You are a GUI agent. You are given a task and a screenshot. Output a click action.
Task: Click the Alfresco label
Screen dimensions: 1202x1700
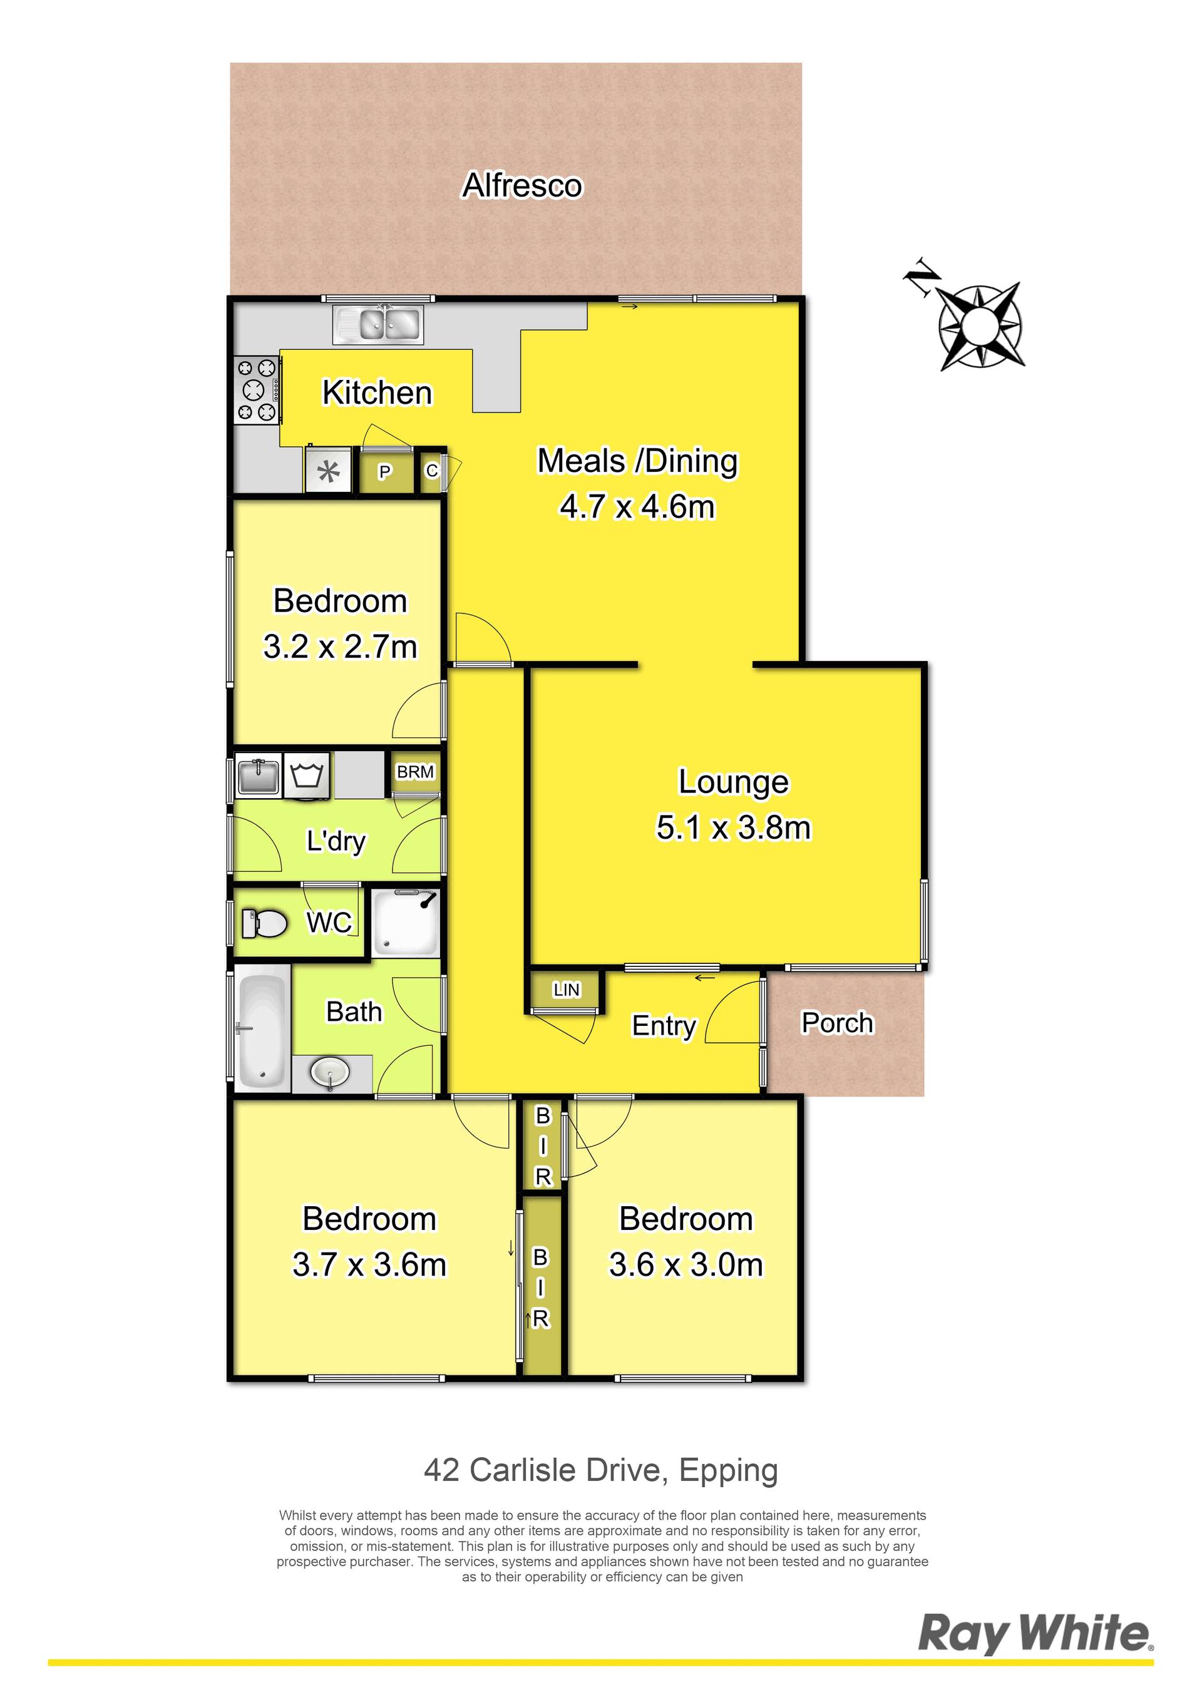[x=522, y=185]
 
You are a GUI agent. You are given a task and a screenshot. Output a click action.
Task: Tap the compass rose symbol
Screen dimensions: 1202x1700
[x=980, y=324]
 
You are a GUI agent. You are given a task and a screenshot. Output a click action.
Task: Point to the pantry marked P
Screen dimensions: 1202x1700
[x=384, y=472]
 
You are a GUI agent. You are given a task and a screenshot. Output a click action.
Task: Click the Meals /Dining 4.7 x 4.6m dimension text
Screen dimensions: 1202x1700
[x=638, y=507]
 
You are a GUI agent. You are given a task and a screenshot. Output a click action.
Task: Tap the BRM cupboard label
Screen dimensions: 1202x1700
[x=416, y=772]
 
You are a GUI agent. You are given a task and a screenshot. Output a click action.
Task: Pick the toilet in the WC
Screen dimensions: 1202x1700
[x=264, y=923]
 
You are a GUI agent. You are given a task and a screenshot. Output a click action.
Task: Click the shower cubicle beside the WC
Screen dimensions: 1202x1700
[x=405, y=923]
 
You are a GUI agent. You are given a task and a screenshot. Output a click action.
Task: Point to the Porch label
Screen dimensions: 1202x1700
[x=837, y=1023]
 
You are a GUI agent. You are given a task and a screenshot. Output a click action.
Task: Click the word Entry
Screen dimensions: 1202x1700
[x=664, y=1027]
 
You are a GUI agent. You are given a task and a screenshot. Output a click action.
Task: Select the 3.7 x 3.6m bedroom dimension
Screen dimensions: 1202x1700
[x=369, y=1264]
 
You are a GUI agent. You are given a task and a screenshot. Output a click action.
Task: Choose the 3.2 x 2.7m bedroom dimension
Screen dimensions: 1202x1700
[x=340, y=647]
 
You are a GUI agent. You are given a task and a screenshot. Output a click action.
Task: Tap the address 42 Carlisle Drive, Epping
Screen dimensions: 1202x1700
[x=600, y=1470]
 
